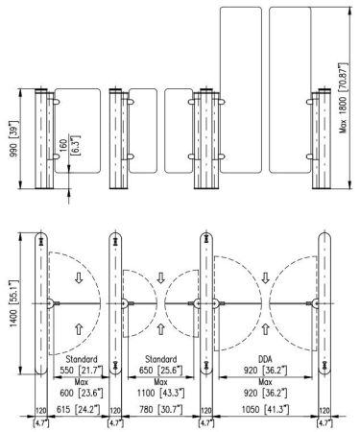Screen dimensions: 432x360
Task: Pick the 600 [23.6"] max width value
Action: [76, 394]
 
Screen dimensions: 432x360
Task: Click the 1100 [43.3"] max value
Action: [156, 394]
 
